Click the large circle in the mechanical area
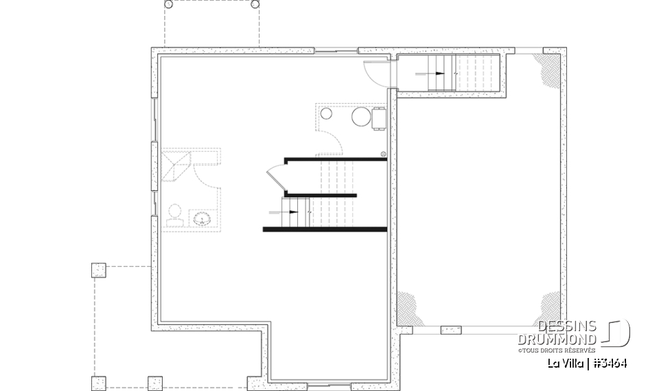(x=361, y=116)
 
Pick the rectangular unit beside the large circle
(x=378, y=117)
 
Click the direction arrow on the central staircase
(x=291, y=212)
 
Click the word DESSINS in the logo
(x=567, y=326)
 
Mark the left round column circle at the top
(x=169, y=4)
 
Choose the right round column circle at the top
(x=255, y=4)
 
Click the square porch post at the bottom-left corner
(x=99, y=383)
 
